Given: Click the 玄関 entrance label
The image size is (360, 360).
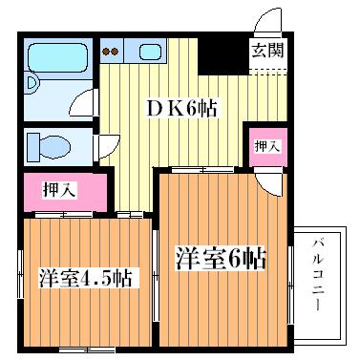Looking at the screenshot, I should [266, 52].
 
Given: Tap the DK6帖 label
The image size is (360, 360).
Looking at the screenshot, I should [181, 109].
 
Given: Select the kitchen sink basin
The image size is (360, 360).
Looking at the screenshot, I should [149, 51].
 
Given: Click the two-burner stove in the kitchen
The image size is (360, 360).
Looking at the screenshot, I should [111, 51].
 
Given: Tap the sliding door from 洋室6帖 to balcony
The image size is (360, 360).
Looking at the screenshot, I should [290, 272].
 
